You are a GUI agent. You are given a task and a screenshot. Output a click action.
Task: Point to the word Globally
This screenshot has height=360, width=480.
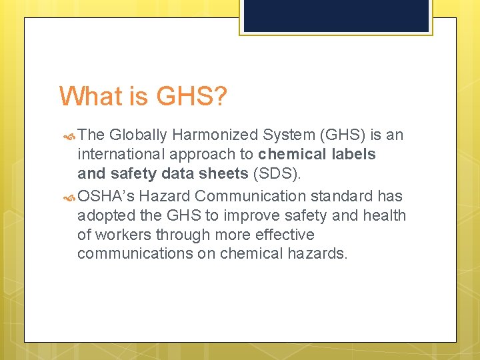(138, 135)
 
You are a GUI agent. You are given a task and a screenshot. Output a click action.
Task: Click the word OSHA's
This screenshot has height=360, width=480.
(106, 196)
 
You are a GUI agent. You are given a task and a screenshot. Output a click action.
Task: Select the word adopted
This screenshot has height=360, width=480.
(104, 215)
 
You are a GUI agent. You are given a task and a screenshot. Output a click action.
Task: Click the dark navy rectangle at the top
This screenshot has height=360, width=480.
(336, 15)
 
